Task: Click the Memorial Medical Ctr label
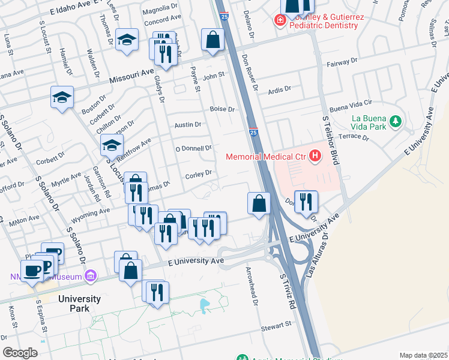tap(265, 157)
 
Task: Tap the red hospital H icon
tap(316, 157)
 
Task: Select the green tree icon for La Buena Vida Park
tap(395, 122)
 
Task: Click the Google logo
tap(20, 353)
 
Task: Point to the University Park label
tap(79, 304)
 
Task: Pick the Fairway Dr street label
tap(342, 64)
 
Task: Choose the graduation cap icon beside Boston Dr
tap(61, 97)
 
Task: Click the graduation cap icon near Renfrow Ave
tap(112, 146)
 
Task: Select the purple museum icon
tap(90, 276)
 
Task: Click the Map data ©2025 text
tap(423, 355)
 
